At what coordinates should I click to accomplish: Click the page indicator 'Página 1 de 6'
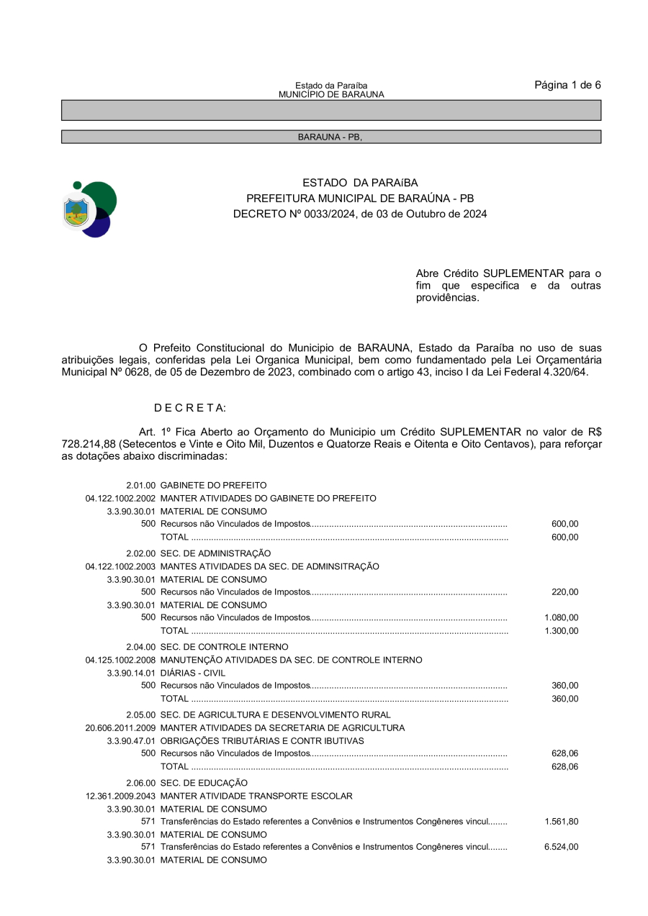(567, 85)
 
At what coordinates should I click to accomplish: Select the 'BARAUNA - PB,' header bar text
(330, 137)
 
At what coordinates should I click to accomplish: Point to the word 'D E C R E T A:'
(190, 408)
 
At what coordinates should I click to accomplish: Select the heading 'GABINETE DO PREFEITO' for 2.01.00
(213, 485)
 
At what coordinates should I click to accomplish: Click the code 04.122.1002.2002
(120, 498)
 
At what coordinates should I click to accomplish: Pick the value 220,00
(564, 592)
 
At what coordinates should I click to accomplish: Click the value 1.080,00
(562, 617)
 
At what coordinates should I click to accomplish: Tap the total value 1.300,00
(562, 631)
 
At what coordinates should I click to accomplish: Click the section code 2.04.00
(140, 647)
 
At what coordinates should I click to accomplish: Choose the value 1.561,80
(562, 821)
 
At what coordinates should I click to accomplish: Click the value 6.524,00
(562, 847)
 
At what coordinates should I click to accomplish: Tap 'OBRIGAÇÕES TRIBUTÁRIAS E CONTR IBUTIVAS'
(262, 740)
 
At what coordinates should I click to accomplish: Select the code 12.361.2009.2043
(120, 796)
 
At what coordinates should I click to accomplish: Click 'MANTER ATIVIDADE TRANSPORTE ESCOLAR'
(256, 796)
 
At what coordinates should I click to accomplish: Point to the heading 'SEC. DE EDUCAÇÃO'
(204, 782)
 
